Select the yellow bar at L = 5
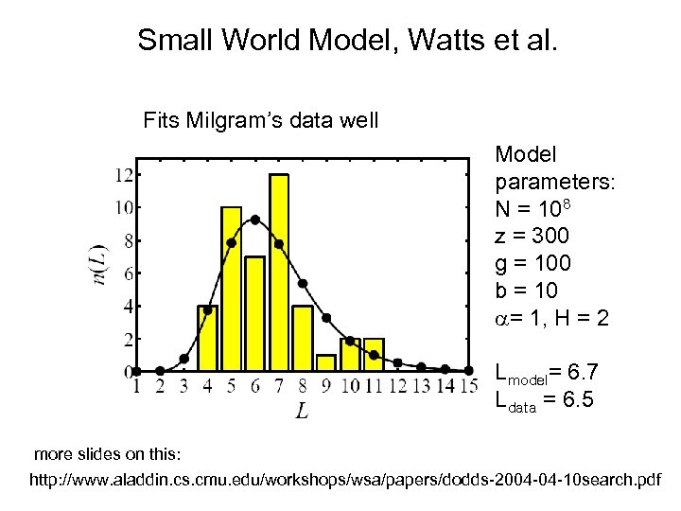coord(231,289)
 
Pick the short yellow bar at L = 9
coord(326,363)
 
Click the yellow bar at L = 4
coord(207,338)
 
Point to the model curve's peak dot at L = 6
coord(254,220)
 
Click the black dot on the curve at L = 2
coord(160,371)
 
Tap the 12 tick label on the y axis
coord(123,174)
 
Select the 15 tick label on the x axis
coord(467,386)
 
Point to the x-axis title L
coord(301,411)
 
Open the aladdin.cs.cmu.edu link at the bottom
coord(345,482)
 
